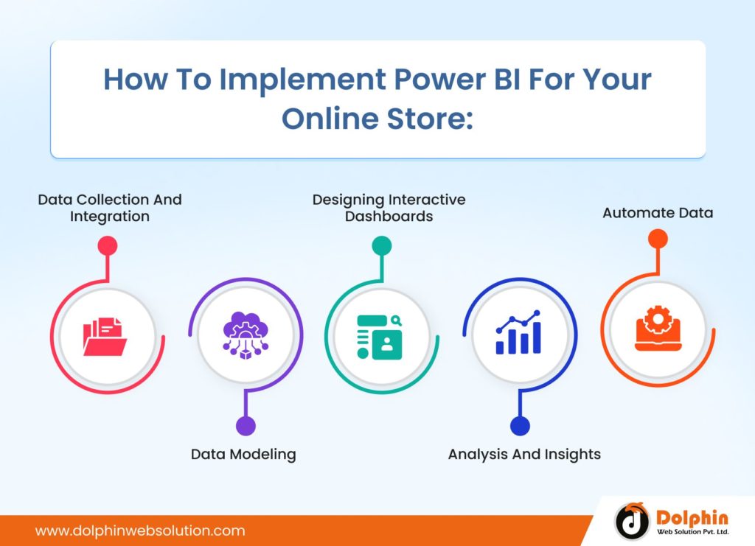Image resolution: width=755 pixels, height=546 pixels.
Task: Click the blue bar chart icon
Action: pos(518,333)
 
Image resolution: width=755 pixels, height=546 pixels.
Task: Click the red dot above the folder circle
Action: pos(108,245)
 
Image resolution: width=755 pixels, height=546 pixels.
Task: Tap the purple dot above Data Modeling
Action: pos(246,425)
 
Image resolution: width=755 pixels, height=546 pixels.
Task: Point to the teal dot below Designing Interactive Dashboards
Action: pos(381,245)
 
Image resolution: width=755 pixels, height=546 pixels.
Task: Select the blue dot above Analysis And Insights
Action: pos(520,425)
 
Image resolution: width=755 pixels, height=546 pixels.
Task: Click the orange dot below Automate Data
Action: pos(658,238)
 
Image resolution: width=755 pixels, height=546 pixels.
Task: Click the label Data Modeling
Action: pos(243,454)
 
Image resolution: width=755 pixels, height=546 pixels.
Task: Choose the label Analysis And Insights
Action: pos(524,454)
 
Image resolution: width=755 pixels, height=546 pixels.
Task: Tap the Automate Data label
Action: pos(658,213)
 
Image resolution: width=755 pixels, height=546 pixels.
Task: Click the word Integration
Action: pos(110,217)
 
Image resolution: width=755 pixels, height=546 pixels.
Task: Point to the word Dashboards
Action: pos(389,217)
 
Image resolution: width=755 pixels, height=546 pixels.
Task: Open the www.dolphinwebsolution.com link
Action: pos(140,531)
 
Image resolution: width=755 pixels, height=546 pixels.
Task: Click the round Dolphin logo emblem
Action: pos(632,522)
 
